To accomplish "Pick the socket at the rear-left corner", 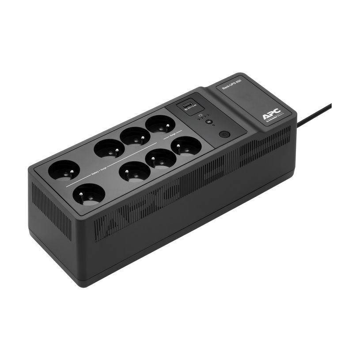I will pyautogui.click(x=59, y=170).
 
